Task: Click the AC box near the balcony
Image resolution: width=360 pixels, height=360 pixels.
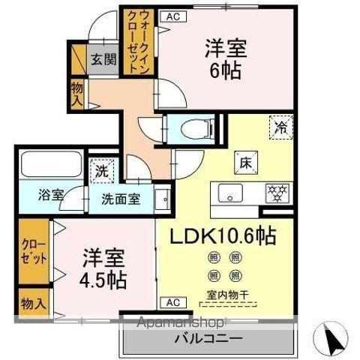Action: coord(172,302)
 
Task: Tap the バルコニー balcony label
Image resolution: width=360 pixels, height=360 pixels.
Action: coord(208,338)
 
